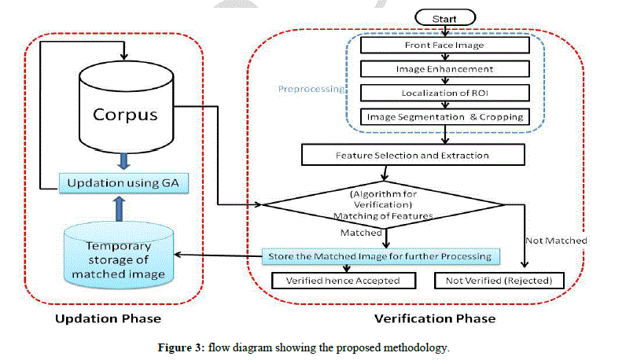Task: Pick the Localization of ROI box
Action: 444,93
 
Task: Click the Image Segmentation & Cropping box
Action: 444,116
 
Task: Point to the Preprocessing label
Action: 311,89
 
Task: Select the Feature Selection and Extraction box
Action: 413,155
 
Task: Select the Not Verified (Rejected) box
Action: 499,281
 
